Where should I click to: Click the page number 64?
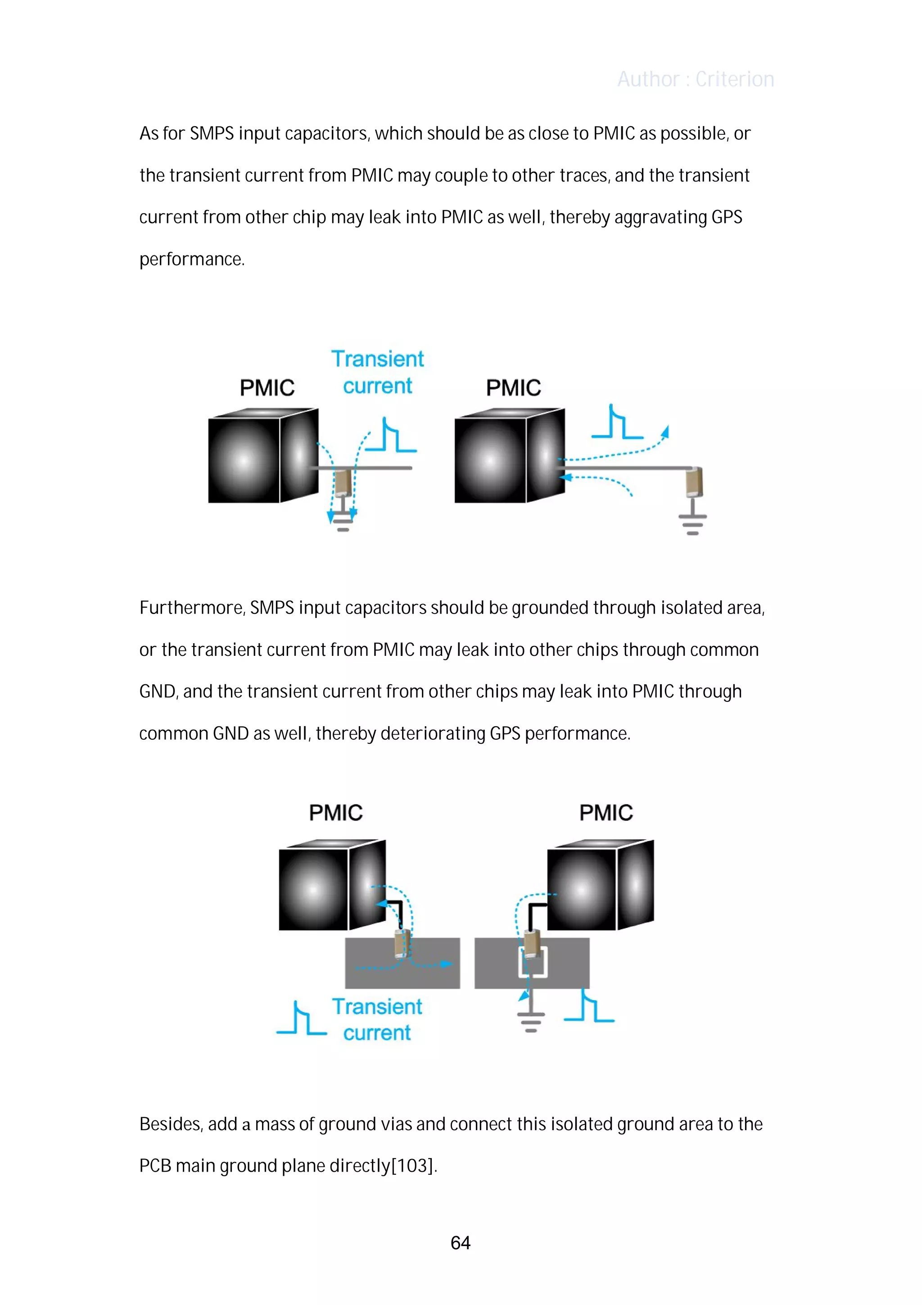coord(460,1242)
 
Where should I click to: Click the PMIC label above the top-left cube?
coord(267,388)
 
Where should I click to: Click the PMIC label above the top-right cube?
coord(513,388)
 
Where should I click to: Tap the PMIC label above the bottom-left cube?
coord(336,812)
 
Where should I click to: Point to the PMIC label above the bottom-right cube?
coord(606,812)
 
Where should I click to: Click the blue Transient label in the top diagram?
coord(377,359)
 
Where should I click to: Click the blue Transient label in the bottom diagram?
coord(377,1007)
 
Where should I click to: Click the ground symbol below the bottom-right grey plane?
coord(531,1021)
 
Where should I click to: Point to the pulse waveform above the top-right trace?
coord(617,423)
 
